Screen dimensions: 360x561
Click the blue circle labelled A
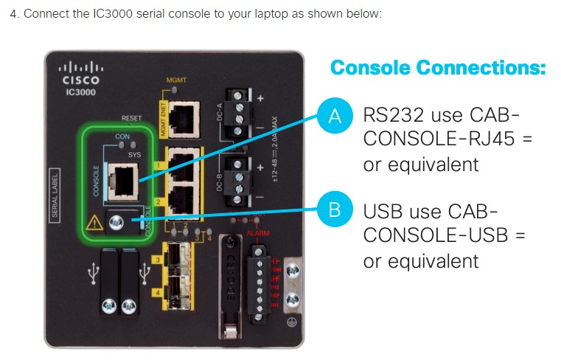coord(334,116)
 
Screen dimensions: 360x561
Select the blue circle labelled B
coord(334,210)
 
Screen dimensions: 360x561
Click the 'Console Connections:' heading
coord(438,68)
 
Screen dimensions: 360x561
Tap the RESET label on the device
coord(131,118)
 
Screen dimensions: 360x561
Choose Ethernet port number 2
coord(181,198)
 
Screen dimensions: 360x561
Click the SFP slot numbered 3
coord(177,260)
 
